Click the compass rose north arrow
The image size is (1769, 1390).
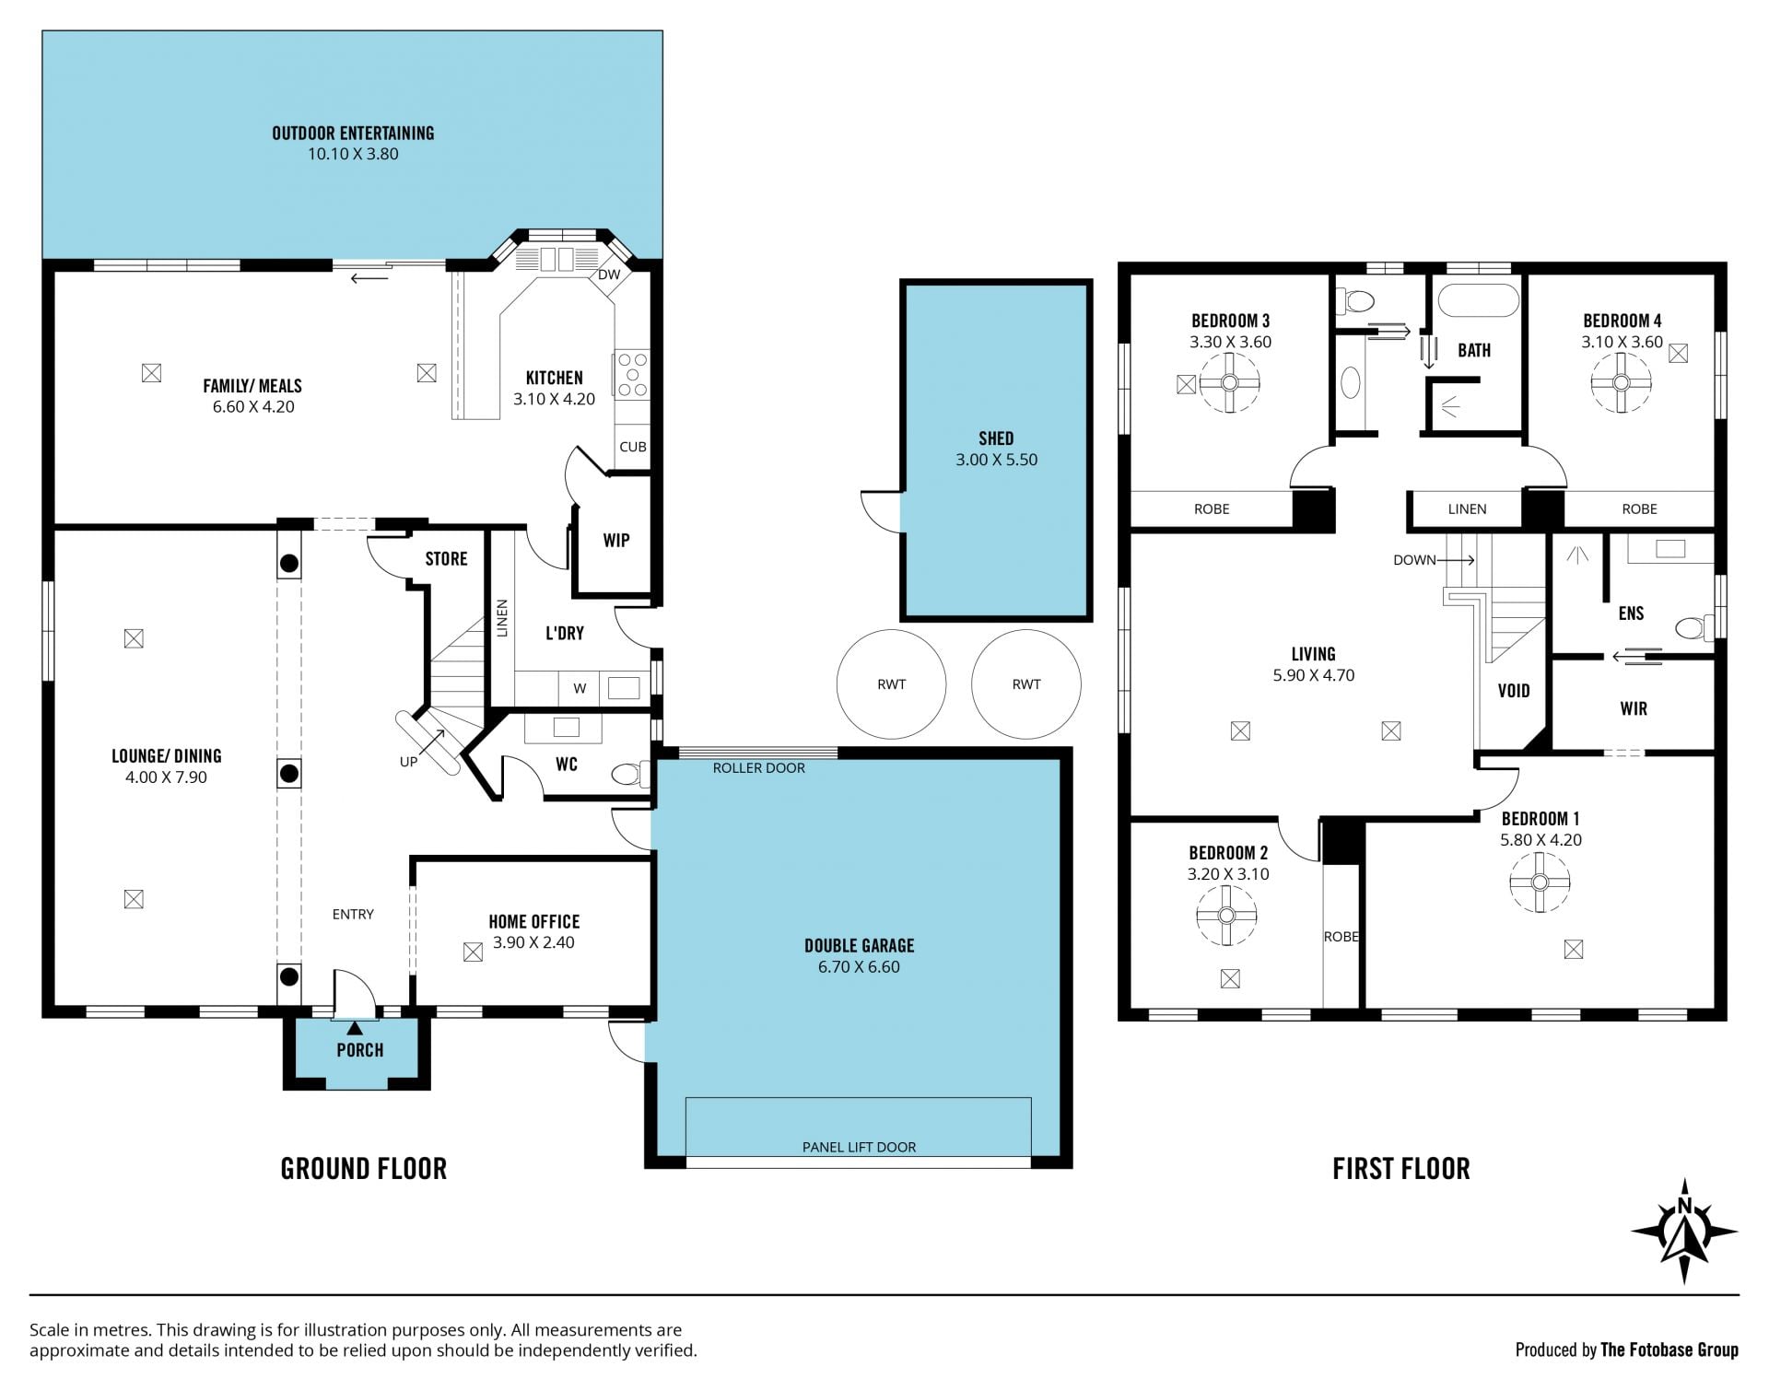[x=1684, y=1231]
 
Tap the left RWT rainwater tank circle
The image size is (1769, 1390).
[x=891, y=684]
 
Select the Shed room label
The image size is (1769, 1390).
[x=996, y=438]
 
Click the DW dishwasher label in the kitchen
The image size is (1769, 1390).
[x=609, y=274]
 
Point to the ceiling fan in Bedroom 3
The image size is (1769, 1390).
[x=1229, y=383]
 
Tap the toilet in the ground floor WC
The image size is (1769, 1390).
[x=631, y=774]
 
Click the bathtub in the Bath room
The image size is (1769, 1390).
[x=1474, y=300]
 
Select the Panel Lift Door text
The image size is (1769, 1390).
[x=859, y=1147]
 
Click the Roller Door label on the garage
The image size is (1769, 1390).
[x=758, y=768]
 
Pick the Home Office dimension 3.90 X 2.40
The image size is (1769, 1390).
[x=533, y=942]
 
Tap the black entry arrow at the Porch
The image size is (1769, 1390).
[x=355, y=1027]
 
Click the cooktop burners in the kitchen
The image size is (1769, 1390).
[x=632, y=375]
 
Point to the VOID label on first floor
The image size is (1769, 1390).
[x=1514, y=691]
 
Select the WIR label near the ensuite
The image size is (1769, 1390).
[x=1634, y=708]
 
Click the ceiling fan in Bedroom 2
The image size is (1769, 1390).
[x=1225, y=916]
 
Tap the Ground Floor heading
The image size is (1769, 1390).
[x=363, y=1169]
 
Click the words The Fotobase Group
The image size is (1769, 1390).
[x=1669, y=1349]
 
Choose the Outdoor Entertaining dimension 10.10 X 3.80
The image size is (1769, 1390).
[x=353, y=154]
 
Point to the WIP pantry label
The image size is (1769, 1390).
[x=616, y=541]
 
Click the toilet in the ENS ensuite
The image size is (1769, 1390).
[x=1693, y=628]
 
